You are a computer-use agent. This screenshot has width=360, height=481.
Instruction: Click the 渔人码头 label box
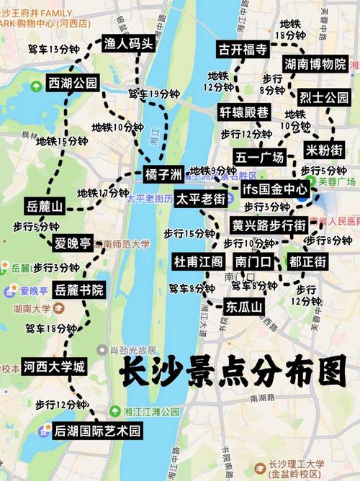(x=128, y=43)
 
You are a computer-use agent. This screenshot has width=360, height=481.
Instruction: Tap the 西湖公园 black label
(x=73, y=83)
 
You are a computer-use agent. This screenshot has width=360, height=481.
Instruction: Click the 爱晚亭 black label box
(x=73, y=243)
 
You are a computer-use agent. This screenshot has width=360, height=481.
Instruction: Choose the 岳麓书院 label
(x=78, y=290)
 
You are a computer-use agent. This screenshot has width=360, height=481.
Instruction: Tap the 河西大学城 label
(x=53, y=367)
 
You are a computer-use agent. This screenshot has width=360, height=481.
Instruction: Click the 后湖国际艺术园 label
(x=97, y=431)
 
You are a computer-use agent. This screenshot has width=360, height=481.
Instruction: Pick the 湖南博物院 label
(x=315, y=65)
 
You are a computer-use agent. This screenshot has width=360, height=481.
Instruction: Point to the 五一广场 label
(x=259, y=157)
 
